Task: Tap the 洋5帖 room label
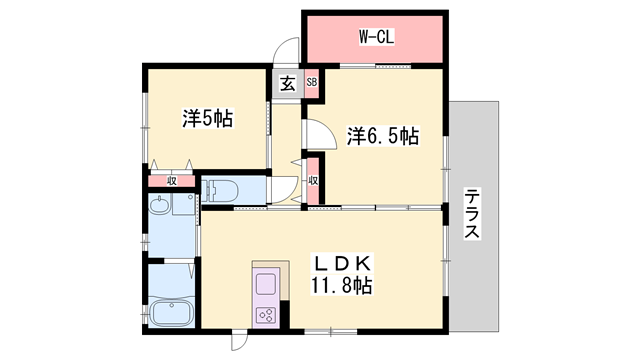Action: pos(207,118)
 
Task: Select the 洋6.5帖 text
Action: pos(383,135)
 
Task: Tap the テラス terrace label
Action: pos(472,214)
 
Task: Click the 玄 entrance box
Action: pos(287,84)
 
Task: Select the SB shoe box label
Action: pos(311,83)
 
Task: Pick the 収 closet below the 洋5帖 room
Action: pos(172,180)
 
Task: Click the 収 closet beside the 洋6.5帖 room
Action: pos(313,180)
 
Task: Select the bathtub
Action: pos(171,311)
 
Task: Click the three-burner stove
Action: pos(267,314)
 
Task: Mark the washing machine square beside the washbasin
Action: pos(183,205)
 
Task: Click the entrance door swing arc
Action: pos(287,50)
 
